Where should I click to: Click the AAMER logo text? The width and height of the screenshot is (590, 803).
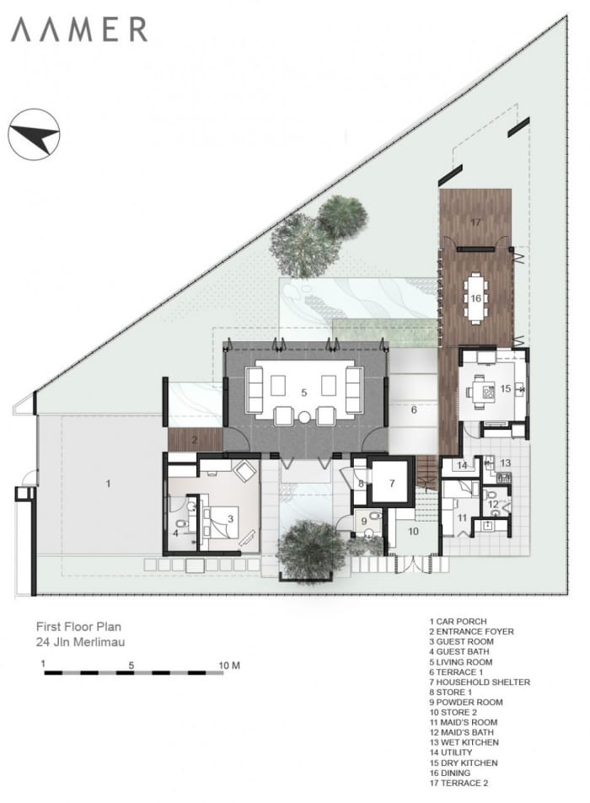coord(79,29)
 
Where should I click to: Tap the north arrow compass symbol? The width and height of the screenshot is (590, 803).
coord(34,135)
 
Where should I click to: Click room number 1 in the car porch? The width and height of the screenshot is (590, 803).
coord(108,483)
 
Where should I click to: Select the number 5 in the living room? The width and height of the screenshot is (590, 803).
coord(304,393)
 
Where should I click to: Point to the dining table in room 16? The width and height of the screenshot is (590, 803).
coord(475,298)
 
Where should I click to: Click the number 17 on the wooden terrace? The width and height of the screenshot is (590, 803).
coord(475,222)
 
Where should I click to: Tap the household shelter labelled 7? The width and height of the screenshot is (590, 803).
coord(392,483)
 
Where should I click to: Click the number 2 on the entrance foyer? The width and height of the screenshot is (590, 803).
coord(195,440)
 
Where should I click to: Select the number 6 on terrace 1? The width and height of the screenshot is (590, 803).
coord(414,410)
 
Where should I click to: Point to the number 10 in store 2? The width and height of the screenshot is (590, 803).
coord(414,532)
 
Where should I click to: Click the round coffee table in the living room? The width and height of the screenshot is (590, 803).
coord(305,417)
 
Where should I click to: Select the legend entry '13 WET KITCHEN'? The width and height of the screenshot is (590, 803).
coord(464,742)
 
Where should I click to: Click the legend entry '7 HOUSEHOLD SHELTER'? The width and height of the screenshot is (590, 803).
coord(480,682)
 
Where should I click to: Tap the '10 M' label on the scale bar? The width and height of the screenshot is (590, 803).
coord(229,666)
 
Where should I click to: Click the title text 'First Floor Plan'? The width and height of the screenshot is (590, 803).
coord(79,626)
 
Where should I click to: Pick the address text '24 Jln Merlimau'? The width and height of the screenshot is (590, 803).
coord(80,642)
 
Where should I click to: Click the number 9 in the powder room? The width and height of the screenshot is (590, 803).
coord(364,522)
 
